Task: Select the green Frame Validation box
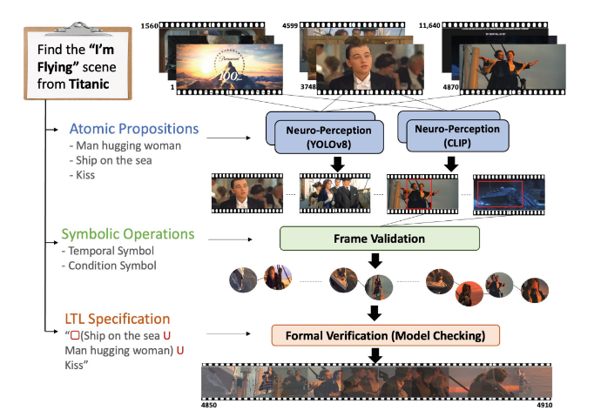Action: (x=379, y=238)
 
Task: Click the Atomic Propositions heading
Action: (x=130, y=129)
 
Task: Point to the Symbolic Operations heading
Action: (x=128, y=234)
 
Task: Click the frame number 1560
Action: (x=149, y=27)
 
